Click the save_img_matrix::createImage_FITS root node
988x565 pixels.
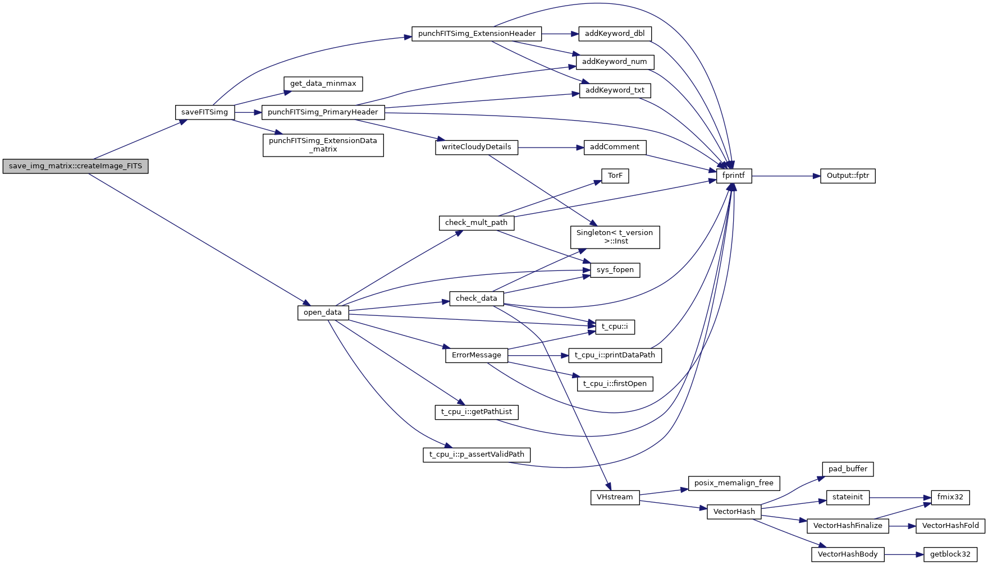click(75, 167)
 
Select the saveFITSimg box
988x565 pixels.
click(204, 112)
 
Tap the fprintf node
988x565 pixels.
click(733, 176)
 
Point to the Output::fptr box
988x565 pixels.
click(848, 176)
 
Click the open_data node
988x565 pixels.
click(323, 313)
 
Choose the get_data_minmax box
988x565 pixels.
click(323, 84)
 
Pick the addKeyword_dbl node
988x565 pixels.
click(615, 34)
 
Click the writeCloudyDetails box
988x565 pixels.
click(476, 147)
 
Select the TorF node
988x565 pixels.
click(615, 176)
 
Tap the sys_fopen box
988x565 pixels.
click(615, 270)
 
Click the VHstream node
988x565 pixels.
click(615, 497)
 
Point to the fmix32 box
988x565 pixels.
click(950, 497)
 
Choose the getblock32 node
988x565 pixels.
click(950, 554)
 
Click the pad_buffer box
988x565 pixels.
click(848, 469)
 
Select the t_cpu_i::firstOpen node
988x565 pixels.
click(615, 384)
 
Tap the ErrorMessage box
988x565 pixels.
click(476, 355)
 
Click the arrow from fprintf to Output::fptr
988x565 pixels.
click(786, 176)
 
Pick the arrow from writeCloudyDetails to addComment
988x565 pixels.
click(551, 148)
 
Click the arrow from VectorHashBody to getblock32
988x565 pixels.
click(904, 554)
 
